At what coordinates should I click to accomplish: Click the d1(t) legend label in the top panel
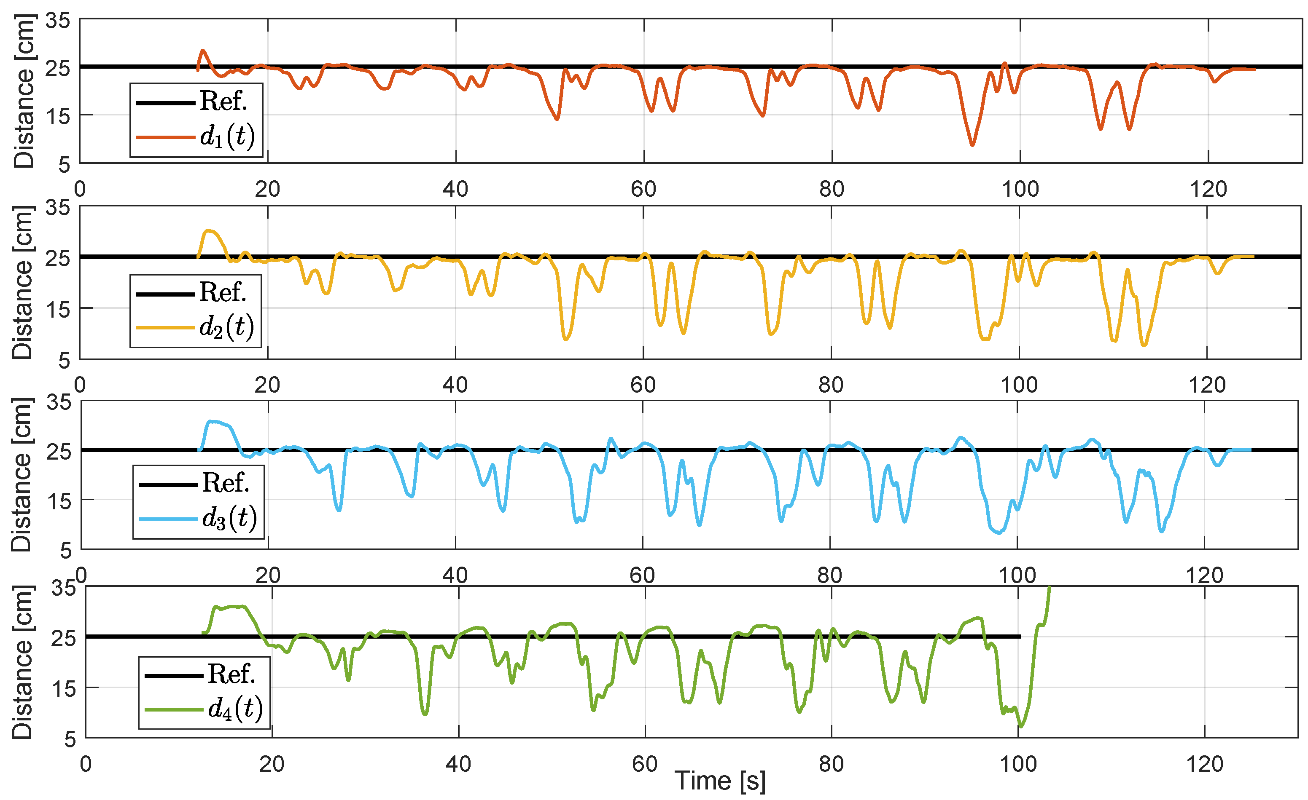227,137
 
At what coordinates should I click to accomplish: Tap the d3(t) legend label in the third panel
229,518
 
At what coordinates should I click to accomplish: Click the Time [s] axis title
720,781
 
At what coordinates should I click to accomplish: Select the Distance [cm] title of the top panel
24,91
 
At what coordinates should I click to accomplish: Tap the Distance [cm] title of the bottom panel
22,662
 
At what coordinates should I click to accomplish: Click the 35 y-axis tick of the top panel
57,21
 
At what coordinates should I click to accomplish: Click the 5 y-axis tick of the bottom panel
70,739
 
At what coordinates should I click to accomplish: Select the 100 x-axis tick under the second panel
1019,385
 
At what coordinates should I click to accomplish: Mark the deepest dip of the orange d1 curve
972,144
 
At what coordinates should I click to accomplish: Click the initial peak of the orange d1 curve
203,51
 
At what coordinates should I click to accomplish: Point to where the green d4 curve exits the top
1049,587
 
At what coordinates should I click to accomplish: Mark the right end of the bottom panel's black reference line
1019,637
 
